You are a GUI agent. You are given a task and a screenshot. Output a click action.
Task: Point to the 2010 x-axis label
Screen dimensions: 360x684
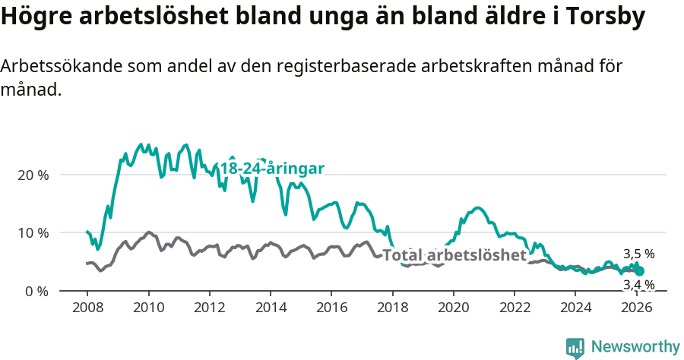(x=148, y=308)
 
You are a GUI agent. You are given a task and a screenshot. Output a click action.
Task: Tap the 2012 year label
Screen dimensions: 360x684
(x=209, y=308)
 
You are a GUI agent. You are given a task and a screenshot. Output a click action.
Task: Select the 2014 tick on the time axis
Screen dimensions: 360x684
(x=271, y=308)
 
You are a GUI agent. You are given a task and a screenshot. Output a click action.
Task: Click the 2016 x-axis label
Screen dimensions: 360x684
(x=331, y=308)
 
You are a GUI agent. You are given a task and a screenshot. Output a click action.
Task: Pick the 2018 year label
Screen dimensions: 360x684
(x=393, y=308)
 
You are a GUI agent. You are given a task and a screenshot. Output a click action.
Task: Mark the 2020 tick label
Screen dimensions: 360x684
(x=454, y=308)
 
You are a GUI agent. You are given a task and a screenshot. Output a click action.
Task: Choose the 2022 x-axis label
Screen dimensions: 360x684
(x=515, y=308)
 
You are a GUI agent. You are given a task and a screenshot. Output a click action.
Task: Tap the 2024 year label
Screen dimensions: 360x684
(x=576, y=308)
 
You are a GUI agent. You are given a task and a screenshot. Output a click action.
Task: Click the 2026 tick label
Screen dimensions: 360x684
(x=637, y=308)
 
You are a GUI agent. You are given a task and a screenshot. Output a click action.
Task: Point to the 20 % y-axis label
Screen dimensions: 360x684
(x=33, y=175)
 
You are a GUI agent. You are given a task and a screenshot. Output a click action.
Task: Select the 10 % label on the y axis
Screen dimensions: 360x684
(x=33, y=233)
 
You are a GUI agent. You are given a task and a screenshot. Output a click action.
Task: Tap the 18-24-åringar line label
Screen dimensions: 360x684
(x=272, y=169)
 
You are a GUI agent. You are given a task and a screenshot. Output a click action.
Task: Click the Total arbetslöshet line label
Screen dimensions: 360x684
(x=454, y=255)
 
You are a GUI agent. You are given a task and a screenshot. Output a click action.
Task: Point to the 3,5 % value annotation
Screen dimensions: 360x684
(x=638, y=254)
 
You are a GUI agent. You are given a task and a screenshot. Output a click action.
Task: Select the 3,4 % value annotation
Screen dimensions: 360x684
(x=638, y=285)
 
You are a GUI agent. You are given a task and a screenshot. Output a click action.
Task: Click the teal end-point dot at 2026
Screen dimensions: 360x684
(x=640, y=271)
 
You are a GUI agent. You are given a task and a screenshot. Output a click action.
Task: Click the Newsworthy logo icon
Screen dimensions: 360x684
(x=575, y=348)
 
